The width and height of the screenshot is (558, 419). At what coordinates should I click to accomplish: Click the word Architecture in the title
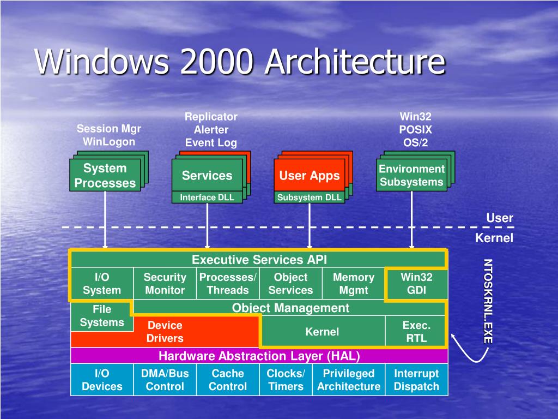pos(355,62)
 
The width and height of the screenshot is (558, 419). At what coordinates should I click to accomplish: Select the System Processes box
pos(105,176)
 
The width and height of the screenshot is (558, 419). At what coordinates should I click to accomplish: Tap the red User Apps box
pos(309,176)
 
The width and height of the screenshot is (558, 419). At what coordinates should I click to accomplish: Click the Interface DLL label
pos(207,197)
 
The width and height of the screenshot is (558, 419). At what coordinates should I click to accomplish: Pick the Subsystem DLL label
pos(309,197)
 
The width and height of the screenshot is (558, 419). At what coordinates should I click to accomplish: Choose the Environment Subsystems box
pos(411,176)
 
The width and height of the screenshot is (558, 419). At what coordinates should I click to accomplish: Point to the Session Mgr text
pos(108,129)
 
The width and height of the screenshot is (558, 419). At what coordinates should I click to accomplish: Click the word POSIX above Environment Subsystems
pos(415,130)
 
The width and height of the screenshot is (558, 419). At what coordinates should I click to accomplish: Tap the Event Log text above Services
pos(211,143)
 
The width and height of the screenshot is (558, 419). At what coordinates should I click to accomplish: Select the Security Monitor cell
pos(165,284)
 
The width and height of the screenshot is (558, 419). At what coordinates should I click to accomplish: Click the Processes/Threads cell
pos(228,284)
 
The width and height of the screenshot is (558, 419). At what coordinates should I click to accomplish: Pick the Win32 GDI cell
pos(416,284)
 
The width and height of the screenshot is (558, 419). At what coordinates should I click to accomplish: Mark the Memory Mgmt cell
pos(354,284)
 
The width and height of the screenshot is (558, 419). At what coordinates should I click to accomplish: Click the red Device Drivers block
pos(165,332)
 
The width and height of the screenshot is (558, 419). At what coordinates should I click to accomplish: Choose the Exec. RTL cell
pos(416,332)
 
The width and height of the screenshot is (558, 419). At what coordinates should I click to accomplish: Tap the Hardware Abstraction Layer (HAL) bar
pos(259,356)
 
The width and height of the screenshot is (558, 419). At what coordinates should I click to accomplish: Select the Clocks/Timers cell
pos(286,380)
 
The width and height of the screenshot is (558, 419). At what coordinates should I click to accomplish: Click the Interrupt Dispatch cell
pos(416,380)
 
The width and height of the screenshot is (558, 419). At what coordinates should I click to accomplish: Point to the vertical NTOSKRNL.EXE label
pos(488,301)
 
